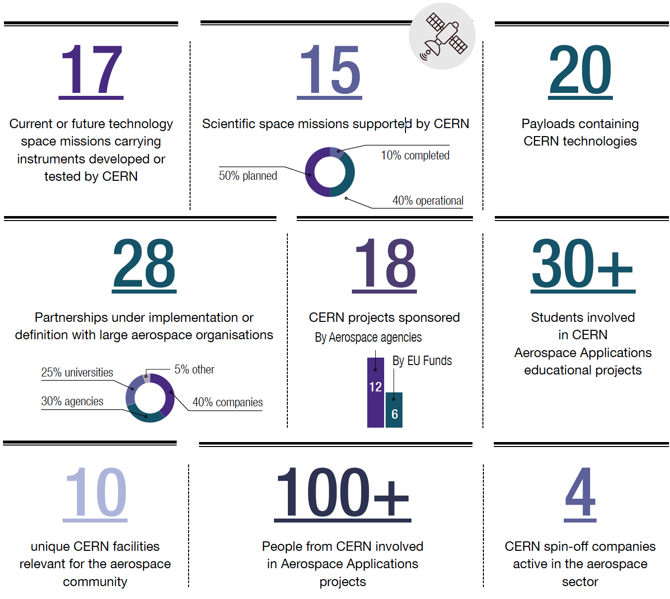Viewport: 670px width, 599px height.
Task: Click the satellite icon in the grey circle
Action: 442,36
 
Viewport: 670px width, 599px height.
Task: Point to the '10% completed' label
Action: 415,155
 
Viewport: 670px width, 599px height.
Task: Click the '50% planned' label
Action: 248,176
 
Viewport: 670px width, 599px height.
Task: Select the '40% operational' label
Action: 428,201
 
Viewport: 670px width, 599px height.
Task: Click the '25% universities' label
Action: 77,373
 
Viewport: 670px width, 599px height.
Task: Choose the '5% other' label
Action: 194,370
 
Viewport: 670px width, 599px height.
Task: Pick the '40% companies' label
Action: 227,402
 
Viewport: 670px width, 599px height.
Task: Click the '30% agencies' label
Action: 72,401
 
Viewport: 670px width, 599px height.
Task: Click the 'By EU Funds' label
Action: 422,361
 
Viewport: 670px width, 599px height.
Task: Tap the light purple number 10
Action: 95,493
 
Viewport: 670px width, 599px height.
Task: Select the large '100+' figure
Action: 342,493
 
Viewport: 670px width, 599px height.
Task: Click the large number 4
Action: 580,493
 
